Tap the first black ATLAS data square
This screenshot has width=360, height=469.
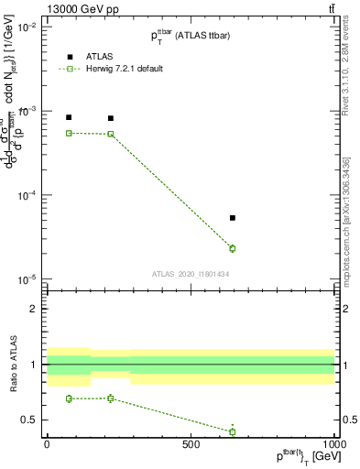[x=69, y=117]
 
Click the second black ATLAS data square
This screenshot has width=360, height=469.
[x=111, y=118]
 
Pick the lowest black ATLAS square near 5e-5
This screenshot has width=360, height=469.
[x=233, y=218]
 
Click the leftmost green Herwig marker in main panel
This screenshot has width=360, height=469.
[x=69, y=133]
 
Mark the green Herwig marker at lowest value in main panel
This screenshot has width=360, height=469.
[x=233, y=248]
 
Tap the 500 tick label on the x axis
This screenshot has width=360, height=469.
[x=191, y=442]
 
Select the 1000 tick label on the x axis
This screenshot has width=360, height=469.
[x=333, y=442]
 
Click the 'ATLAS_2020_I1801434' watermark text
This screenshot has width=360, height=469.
[x=190, y=274]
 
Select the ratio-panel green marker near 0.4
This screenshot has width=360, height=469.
[x=233, y=431]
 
